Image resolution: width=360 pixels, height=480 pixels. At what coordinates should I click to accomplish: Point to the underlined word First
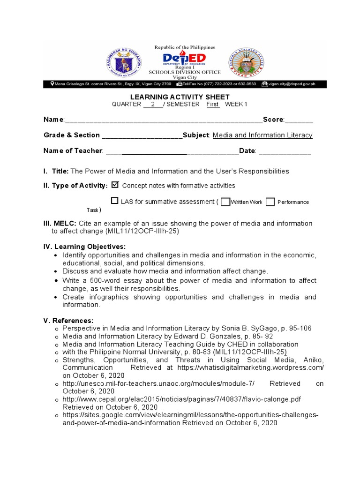point(213,104)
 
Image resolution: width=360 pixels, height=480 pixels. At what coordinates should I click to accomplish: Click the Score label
point(273,120)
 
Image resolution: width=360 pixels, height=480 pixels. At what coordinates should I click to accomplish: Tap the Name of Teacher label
point(73,150)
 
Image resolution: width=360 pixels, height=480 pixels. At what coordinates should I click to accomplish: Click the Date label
point(247,150)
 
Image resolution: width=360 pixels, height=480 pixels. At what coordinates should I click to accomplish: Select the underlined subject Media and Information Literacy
point(262,135)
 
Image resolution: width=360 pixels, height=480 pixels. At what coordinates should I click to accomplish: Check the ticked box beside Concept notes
point(116,185)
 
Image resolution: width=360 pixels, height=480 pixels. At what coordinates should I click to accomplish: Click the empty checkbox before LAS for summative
point(115,201)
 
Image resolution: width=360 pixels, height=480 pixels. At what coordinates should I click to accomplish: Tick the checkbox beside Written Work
point(225,202)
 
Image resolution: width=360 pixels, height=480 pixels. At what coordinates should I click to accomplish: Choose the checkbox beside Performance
point(270,202)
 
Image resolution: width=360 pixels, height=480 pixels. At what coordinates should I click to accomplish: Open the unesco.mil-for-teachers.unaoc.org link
point(158,383)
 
